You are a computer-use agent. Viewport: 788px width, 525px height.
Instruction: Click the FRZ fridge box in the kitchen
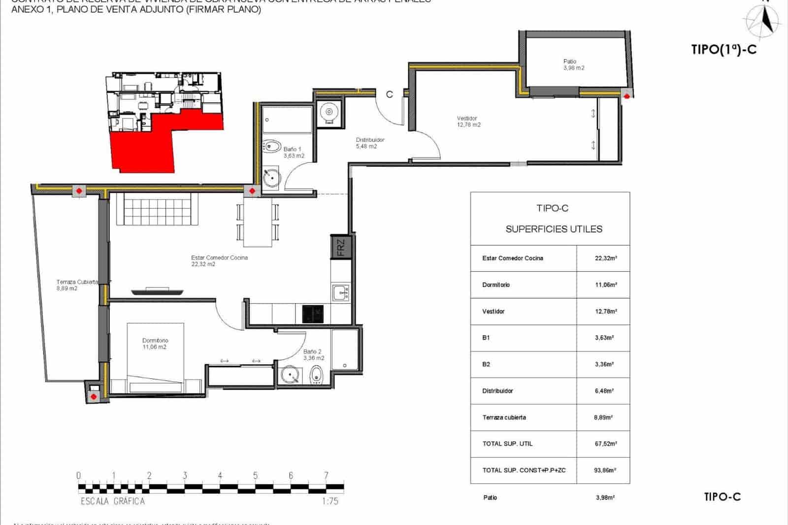[341, 247]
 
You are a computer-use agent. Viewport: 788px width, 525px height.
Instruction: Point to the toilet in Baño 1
[271, 146]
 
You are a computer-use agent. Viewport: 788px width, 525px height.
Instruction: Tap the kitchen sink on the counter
[341, 292]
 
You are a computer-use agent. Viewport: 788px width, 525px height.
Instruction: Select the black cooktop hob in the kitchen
[312, 313]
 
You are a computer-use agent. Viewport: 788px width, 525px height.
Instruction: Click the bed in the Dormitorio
[155, 357]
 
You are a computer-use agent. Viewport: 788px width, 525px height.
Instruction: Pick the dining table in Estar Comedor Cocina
[258, 222]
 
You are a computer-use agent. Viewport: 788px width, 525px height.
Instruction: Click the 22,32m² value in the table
[605, 258]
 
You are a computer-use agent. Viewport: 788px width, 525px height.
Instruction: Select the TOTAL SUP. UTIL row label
[507, 444]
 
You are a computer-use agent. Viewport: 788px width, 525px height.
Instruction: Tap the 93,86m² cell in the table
[605, 470]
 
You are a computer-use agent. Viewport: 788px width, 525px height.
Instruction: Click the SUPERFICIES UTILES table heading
[554, 229]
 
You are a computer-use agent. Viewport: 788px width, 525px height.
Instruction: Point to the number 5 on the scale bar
[255, 476]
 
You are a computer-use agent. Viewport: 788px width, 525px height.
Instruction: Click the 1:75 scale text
[329, 501]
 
